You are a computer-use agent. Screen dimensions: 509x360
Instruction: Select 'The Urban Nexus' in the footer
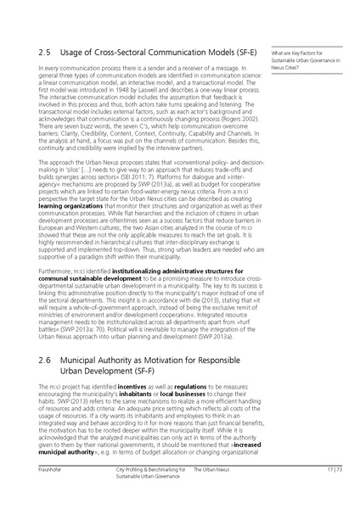pos(208,493)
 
